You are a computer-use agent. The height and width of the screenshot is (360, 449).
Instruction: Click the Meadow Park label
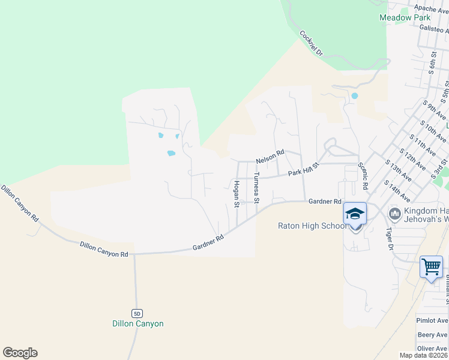[405, 17]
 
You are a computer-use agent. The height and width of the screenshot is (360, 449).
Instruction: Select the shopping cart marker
[431, 266]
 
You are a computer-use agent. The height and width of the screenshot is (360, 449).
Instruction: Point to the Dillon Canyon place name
[137, 324]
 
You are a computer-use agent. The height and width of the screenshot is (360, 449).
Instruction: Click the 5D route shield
[137, 313]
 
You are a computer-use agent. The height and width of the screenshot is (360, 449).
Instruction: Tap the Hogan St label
[237, 194]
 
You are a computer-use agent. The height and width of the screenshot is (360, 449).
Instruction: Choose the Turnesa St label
[256, 187]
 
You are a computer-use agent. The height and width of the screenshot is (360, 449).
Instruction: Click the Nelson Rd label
[270, 157]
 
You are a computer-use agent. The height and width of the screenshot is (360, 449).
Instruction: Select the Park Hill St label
[302, 172]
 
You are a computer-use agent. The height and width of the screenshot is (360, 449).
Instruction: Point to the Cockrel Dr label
[311, 43]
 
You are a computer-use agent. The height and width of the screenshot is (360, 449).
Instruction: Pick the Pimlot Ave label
[432, 321]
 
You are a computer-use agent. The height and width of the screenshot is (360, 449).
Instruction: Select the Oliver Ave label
[432, 349]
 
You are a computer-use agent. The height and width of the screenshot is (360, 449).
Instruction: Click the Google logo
[20, 353]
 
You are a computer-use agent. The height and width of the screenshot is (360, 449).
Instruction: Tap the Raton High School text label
[312, 226]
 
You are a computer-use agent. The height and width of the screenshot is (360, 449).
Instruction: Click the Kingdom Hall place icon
[394, 213]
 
